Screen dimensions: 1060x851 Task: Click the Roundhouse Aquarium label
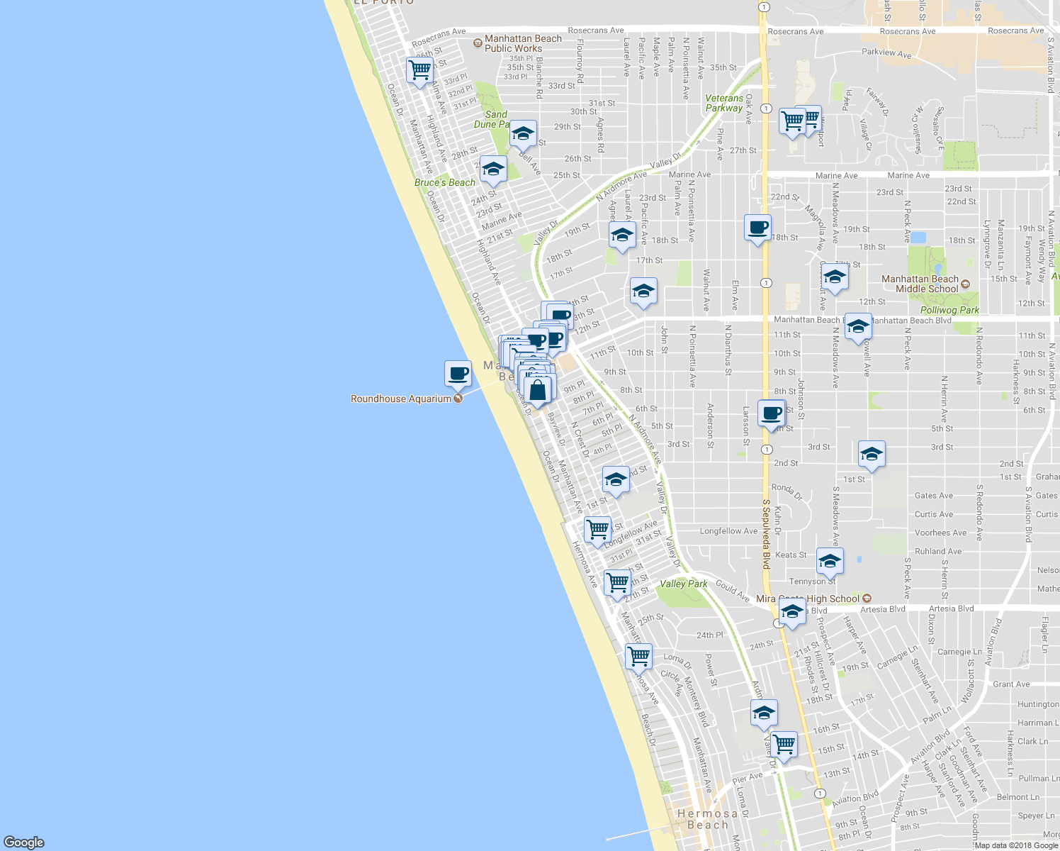tap(401, 399)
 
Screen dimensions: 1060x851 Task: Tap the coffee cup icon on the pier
tap(458, 373)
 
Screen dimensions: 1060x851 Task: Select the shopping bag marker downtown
tap(538, 390)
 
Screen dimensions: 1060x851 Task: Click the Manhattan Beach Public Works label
tap(523, 44)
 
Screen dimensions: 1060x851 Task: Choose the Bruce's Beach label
tap(445, 183)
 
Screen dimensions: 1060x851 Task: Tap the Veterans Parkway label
tap(724, 104)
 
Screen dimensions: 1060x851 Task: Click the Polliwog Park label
tap(949, 310)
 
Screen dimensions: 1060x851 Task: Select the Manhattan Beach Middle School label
tap(920, 284)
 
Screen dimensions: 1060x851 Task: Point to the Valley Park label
tap(684, 584)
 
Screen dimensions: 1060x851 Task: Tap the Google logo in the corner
tap(23, 842)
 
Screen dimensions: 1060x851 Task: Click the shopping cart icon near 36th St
tap(419, 70)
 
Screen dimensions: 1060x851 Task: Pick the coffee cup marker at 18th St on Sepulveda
tap(757, 228)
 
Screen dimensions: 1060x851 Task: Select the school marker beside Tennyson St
tap(830, 562)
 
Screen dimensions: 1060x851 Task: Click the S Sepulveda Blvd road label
tap(766, 534)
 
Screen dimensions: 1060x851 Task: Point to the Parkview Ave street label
tap(886, 52)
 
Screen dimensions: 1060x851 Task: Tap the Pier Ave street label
tap(748, 777)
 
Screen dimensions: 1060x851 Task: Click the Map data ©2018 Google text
tap(1016, 845)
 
